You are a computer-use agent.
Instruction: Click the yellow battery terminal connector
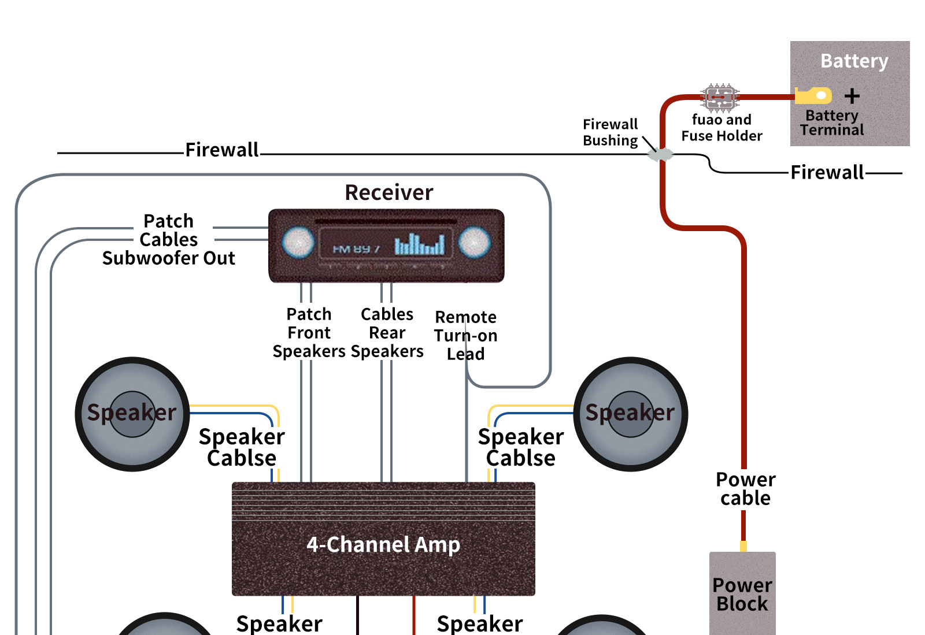pos(813,95)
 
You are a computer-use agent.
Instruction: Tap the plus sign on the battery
pos(852,96)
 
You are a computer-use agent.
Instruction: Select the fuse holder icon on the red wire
pos(720,97)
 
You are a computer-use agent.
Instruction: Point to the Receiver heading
pos(389,192)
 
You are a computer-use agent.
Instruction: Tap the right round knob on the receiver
pos(474,242)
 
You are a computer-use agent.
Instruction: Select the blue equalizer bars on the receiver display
pos(420,244)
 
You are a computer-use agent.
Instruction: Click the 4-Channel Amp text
pos(383,544)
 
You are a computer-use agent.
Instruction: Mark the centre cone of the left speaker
pos(132,414)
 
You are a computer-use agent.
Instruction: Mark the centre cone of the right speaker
pos(631,414)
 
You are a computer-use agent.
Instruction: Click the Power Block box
pos(742,595)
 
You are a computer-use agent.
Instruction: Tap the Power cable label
pos(745,489)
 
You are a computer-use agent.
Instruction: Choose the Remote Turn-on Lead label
pos(465,335)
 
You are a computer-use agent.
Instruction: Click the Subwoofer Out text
pos(168,258)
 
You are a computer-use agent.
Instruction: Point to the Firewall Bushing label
pos(610,132)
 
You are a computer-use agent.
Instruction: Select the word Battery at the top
pos(854,61)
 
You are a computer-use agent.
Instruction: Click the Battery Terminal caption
pos(832,122)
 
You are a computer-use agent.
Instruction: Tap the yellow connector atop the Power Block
pos(743,546)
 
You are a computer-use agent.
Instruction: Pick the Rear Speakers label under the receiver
pos(387,342)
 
